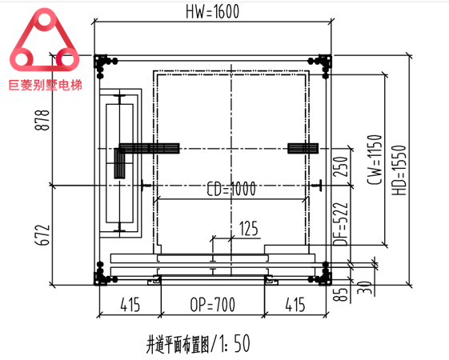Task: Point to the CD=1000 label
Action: [x=231, y=189]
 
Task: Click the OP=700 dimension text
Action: [x=213, y=304]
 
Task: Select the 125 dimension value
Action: [x=248, y=230]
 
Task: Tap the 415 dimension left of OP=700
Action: [x=129, y=304]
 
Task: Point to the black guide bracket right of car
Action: [x=303, y=149]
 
